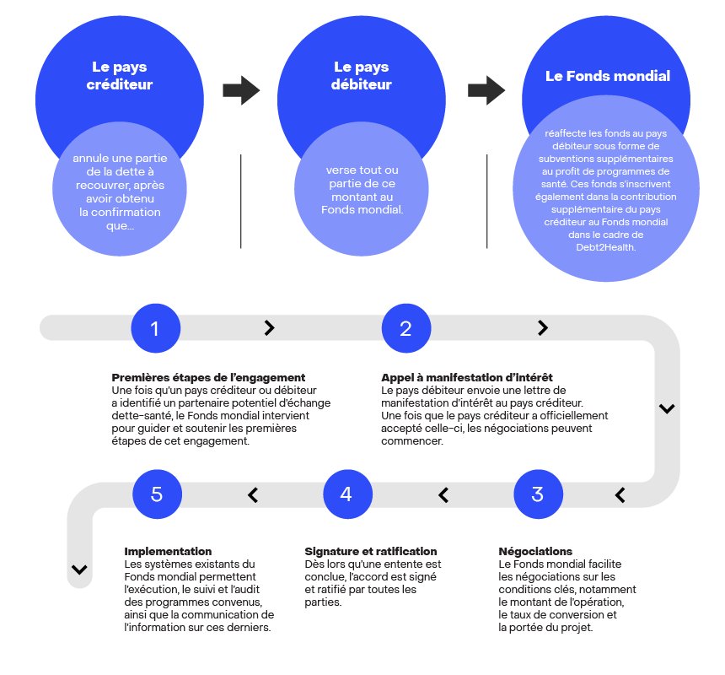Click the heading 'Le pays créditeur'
click(x=120, y=75)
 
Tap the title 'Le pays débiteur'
click(x=361, y=75)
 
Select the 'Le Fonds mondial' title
click(x=608, y=76)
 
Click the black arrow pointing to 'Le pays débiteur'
click(x=241, y=90)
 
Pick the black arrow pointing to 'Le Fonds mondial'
click(x=486, y=90)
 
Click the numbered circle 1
click(x=155, y=328)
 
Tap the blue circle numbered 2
click(x=406, y=328)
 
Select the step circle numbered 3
click(x=538, y=494)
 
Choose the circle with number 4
click(x=347, y=494)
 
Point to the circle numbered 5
click(x=157, y=494)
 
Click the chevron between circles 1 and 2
click(x=269, y=328)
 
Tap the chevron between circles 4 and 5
click(x=253, y=495)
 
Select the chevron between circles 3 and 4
click(x=443, y=495)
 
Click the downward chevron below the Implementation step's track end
click(x=79, y=570)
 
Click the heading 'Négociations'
click(x=535, y=551)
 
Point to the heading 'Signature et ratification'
click(x=370, y=551)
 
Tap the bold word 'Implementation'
click(x=168, y=551)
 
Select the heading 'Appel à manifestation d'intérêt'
click(x=467, y=377)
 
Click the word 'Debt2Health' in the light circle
click(x=605, y=247)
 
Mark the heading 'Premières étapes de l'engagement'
click(x=208, y=377)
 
